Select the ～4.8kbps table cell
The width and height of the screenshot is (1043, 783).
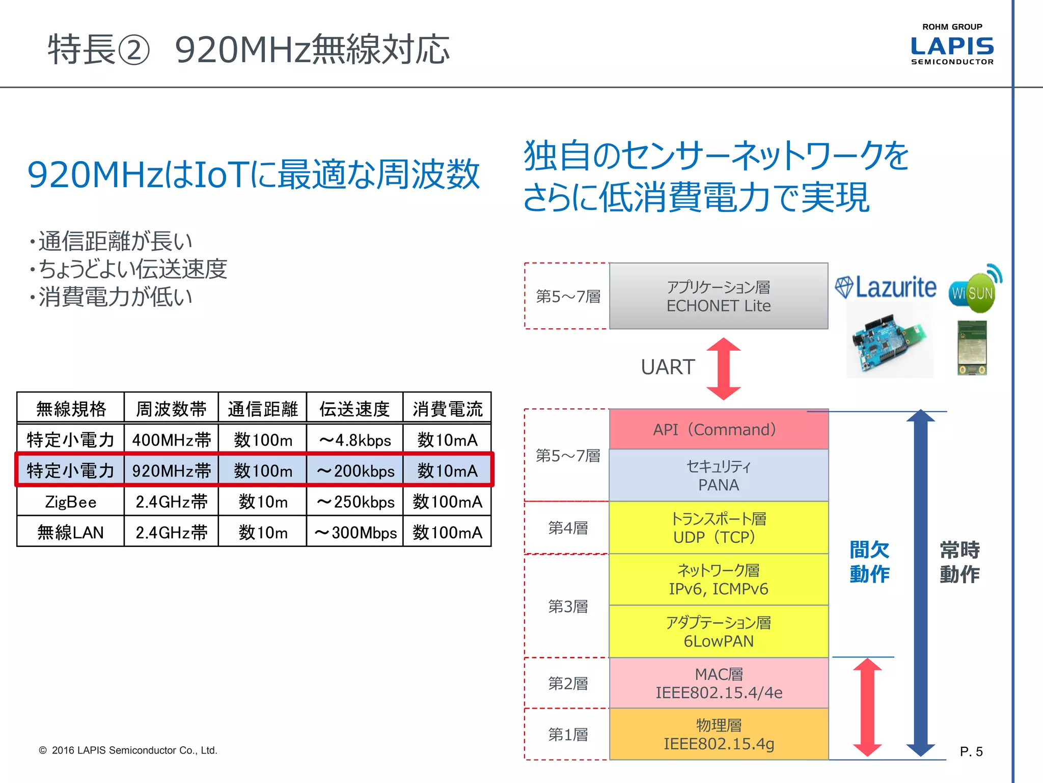(x=355, y=440)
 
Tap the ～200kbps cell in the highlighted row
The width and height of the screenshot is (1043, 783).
(x=355, y=471)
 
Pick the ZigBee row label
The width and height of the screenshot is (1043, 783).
(x=70, y=502)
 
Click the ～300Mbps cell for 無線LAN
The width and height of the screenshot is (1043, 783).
(x=355, y=533)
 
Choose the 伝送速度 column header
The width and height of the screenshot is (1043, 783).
(x=355, y=408)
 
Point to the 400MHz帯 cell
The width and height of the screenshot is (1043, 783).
(x=171, y=440)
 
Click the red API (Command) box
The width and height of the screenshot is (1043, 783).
(x=719, y=429)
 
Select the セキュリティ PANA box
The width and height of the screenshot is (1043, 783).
(x=719, y=475)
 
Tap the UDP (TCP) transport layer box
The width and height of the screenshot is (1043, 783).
(x=719, y=528)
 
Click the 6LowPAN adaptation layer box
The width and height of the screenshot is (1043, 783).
(x=719, y=632)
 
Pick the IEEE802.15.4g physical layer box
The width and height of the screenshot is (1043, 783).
(x=719, y=735)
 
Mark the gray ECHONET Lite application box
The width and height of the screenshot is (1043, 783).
(x=719, y=296)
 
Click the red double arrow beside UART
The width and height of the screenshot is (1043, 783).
(x=724, y=369)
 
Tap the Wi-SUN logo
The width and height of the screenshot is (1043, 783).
(x=974, y=290)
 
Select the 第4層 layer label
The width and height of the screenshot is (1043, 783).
(x=567, y=528)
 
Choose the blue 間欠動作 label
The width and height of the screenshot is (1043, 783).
(x=869, y=562)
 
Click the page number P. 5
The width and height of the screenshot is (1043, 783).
(x=971, y=751)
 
